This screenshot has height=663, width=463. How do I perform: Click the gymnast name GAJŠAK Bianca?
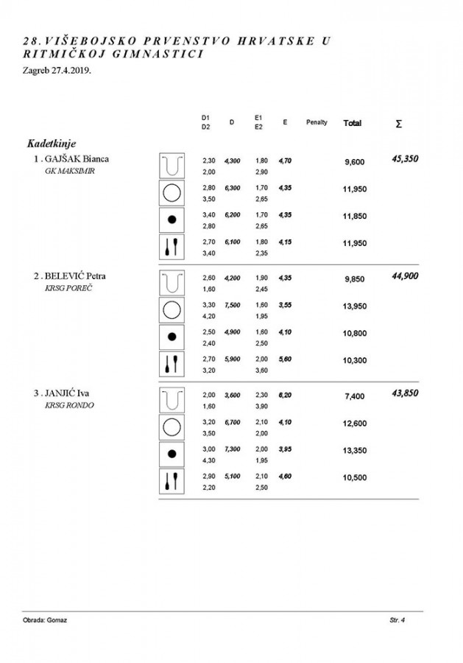click(77, 159)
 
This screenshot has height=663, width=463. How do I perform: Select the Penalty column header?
click(317, 122)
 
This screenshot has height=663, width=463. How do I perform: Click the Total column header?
click(353, 123)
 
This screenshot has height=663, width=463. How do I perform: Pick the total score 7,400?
click(355, 396)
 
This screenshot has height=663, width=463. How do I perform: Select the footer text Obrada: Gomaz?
click(46, 621)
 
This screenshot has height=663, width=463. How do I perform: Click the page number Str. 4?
click(398, 621)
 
